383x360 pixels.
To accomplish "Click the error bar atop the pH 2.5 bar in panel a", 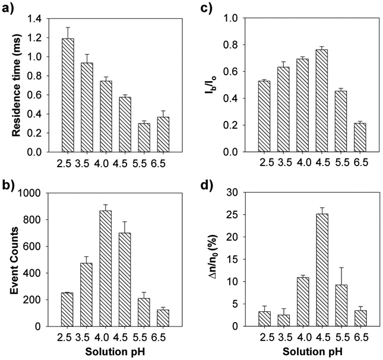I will click(x=68, y=33).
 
